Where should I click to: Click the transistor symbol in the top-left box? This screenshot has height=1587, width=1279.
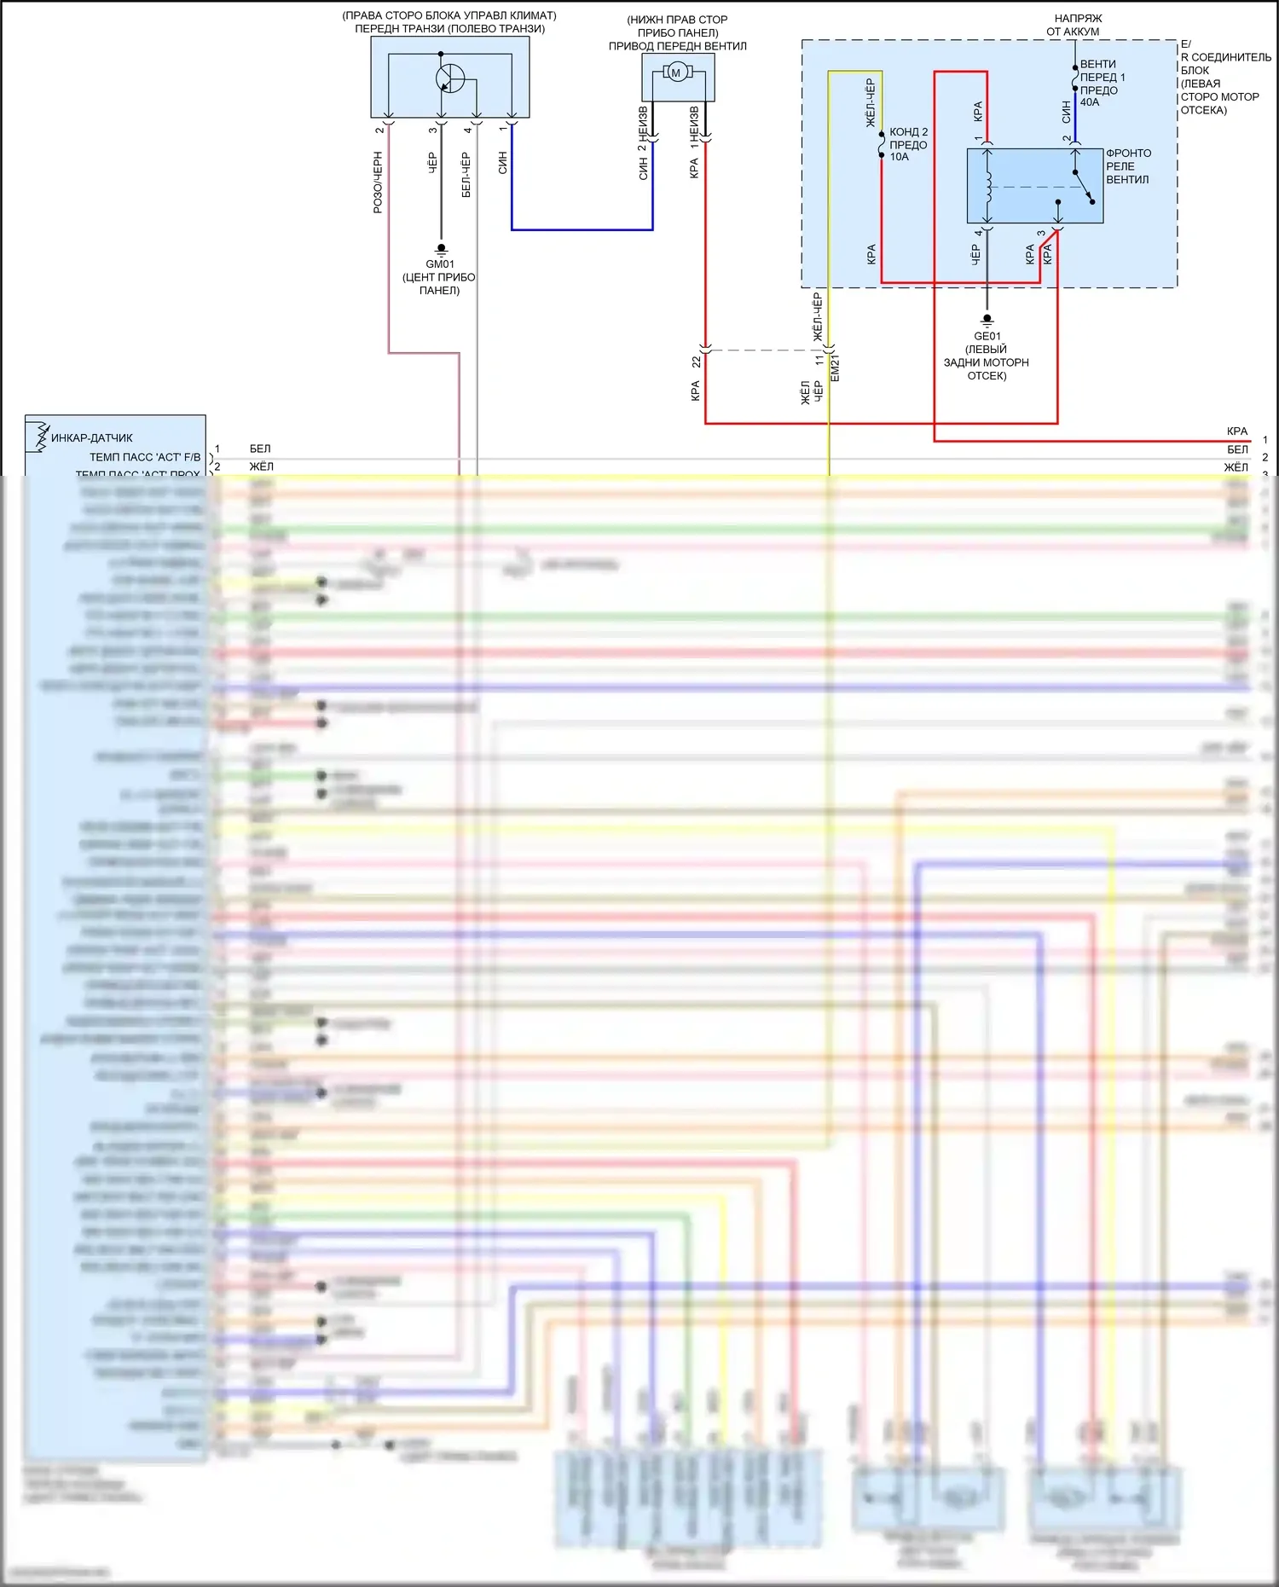(x=449, y=78)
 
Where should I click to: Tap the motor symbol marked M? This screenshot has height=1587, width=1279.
(x=676, y=72)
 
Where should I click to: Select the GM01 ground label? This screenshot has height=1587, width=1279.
(x=440, y=264)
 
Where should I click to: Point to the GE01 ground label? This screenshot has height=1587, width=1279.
(x=987, y=336)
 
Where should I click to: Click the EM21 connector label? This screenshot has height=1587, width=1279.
(x=836, y=368)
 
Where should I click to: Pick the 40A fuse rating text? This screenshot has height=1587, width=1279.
(x=1090, y=102)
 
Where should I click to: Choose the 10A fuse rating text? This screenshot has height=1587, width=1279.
(x=900, y=157)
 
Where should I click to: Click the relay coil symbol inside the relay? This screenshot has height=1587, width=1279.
(x=989, y=188)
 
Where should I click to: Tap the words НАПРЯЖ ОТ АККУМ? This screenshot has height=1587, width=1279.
(x=1077, y=25)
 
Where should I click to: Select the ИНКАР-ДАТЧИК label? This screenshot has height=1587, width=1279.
(x=92, y=437)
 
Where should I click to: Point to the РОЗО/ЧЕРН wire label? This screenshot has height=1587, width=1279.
(x=378, y=182)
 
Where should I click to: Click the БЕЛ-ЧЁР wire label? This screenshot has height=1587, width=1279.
(x=466, y=175)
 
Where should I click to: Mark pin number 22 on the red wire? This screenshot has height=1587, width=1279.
(x=697, y=362)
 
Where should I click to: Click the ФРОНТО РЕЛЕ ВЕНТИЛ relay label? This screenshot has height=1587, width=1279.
(x=1128, y=166)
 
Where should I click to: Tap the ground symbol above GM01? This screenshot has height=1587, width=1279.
(x=441, y=249)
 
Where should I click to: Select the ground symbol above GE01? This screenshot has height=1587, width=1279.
(x=987, y=321)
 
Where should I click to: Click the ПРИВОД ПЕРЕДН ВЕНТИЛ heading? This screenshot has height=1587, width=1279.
(x=677, y=46)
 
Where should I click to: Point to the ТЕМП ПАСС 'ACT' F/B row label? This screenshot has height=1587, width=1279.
(x=145, y=457)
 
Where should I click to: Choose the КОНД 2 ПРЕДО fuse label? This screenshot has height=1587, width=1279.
(x=908, y=138)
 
